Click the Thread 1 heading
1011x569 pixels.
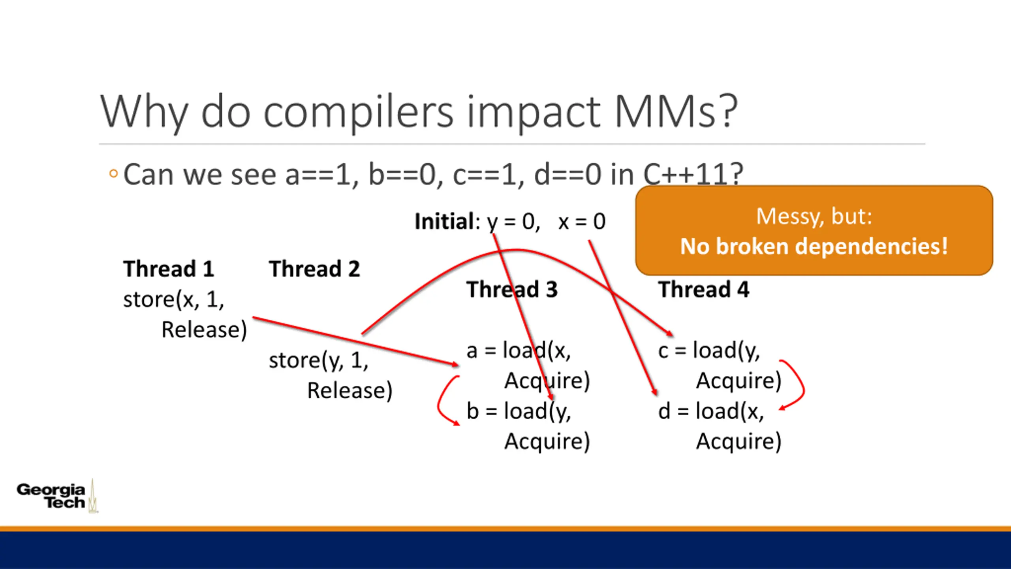(x=169, y=269)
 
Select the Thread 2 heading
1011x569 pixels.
(x=314, y=269)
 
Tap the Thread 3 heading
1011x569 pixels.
(x=512, y=290)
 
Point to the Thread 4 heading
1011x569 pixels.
(x=703, y=290)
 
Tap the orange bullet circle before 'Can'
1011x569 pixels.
(x=113, y=174)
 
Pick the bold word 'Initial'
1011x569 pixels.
(x=444, y=221)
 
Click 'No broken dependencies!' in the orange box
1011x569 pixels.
(x=814, y=246)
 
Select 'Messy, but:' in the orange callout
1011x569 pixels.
(x=814, y=216)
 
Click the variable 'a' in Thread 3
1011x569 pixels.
(x=472, y=351)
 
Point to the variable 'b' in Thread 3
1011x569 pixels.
(x=473, y=411)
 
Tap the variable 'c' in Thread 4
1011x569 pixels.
(x=663, y=351)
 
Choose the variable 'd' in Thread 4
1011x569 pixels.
(x=664, y=411)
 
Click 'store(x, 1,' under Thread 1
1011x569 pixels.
(x=174, y=300)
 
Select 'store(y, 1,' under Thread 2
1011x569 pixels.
(x=319, y=360)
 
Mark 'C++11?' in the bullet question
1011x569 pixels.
(x=693, y=175)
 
